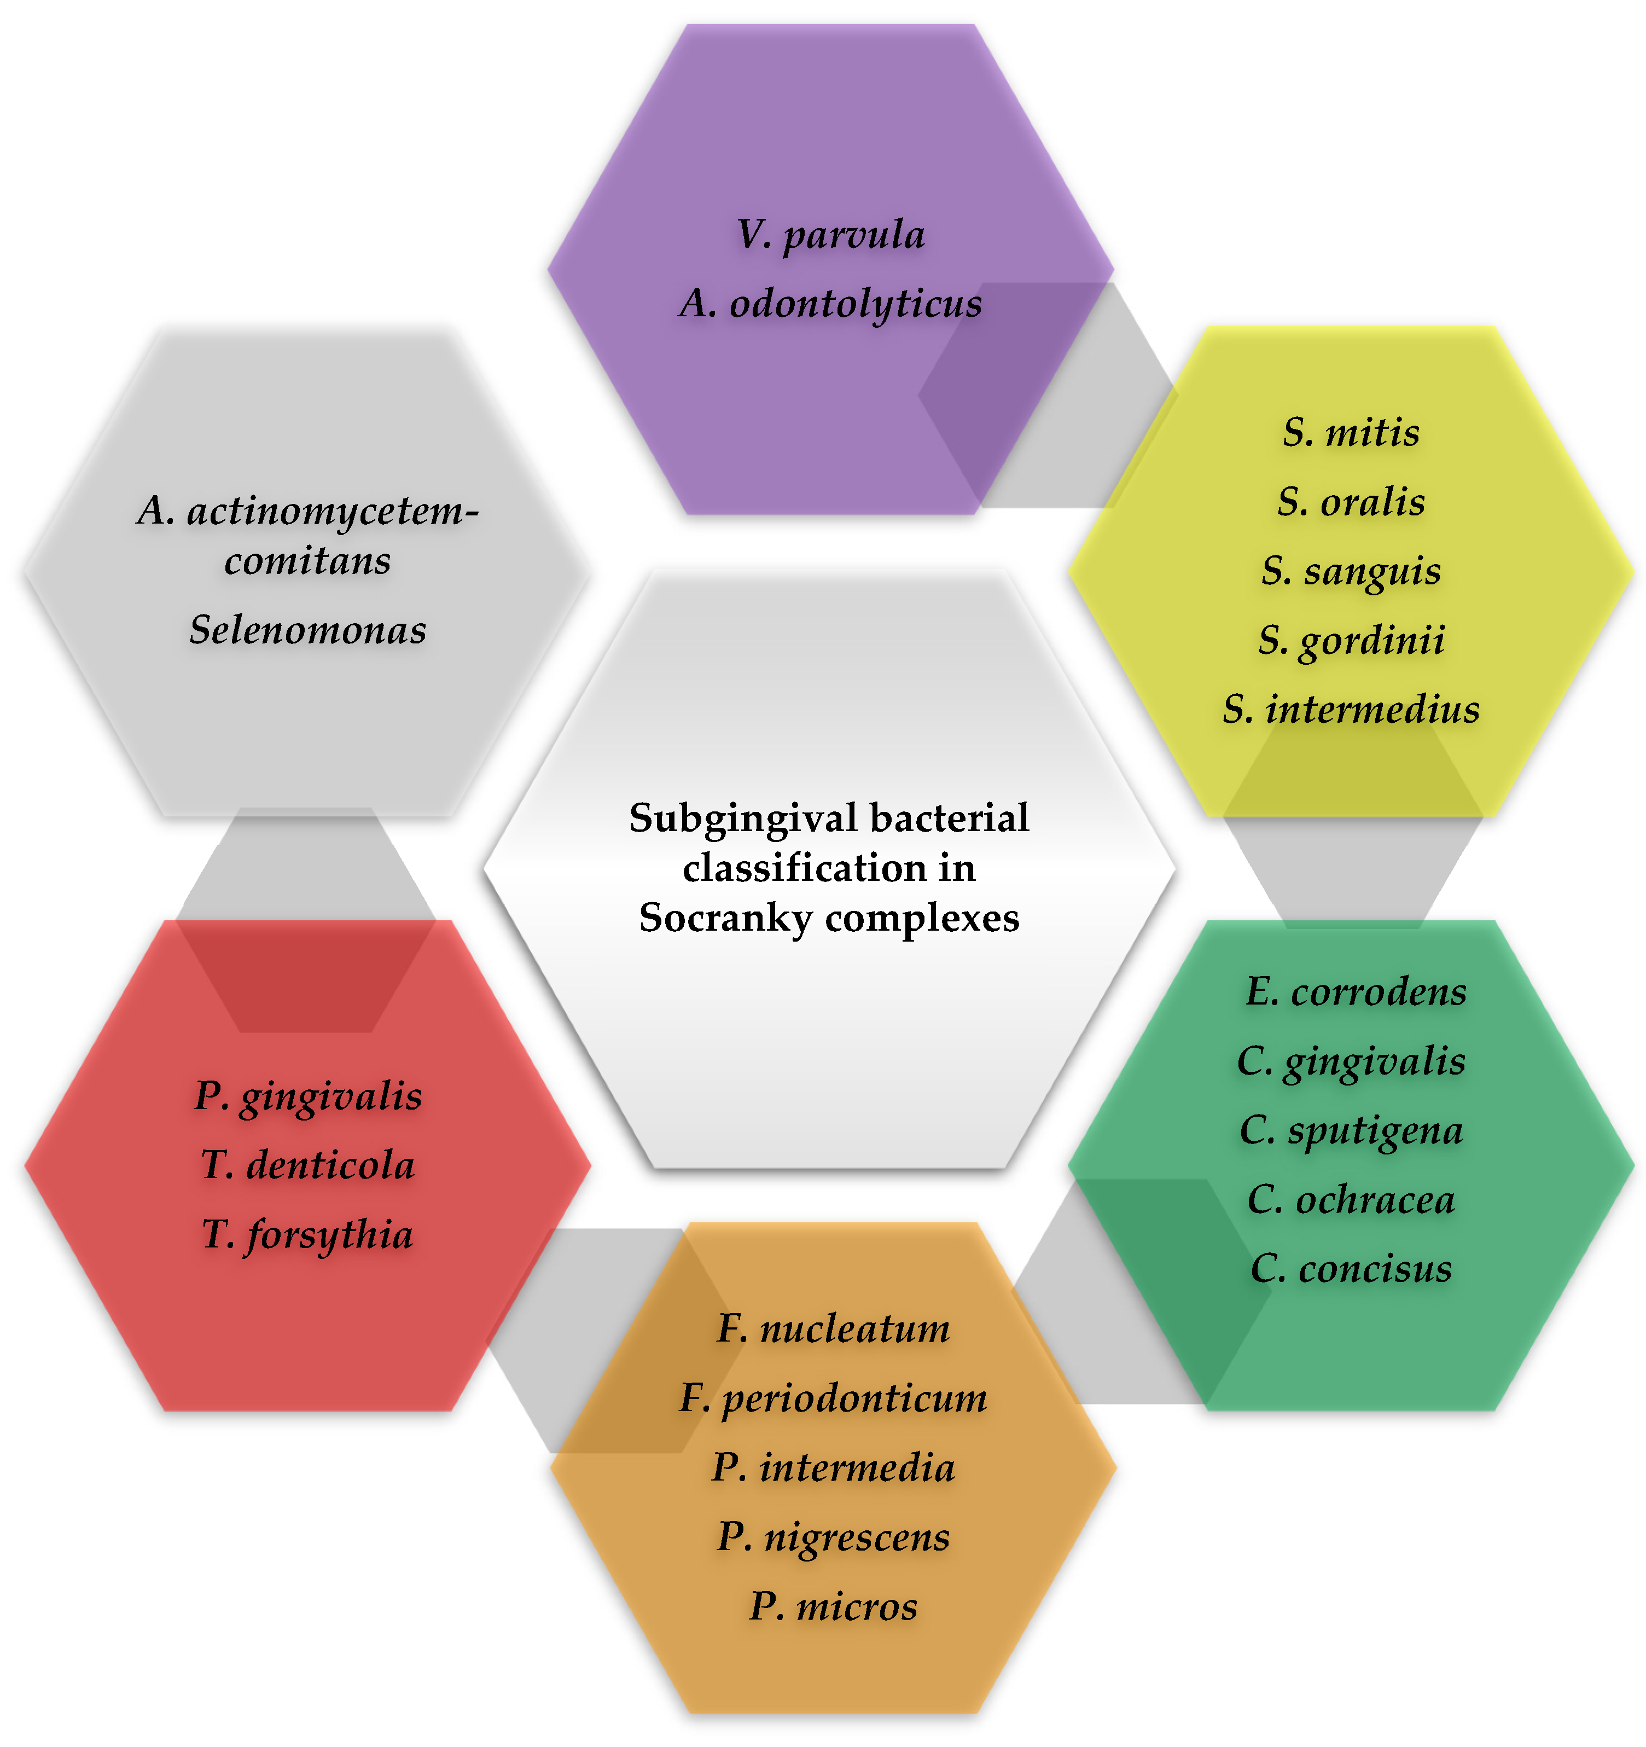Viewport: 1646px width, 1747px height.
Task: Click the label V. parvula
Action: pos(830,235)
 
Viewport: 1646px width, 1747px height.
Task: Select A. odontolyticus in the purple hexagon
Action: pos(830,304)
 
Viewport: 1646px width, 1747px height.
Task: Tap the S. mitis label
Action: pos(1351,432)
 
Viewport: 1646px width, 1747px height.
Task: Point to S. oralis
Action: pos(1351,502)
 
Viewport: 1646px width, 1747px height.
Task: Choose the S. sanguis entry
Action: pos(1351,571)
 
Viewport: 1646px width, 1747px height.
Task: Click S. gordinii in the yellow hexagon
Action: pos(1351,641)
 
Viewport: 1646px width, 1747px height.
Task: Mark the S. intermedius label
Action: pos(1351,709)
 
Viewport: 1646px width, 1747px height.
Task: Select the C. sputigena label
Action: pos(1351,1131)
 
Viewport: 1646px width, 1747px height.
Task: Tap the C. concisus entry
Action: pos(1351,1269)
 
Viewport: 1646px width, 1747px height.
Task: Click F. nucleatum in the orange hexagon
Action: pos(833,1328)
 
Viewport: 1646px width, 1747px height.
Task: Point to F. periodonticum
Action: pos(833,1398)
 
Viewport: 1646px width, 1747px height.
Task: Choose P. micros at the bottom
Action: pos(833,1606)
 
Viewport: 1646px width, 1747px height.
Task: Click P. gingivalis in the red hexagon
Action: pos(307,1096)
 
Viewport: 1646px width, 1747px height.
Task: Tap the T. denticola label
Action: pos(307,1166)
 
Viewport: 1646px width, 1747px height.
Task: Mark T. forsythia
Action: pos(307,1235)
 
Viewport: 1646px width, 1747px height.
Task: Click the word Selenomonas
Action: pos(307,630)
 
